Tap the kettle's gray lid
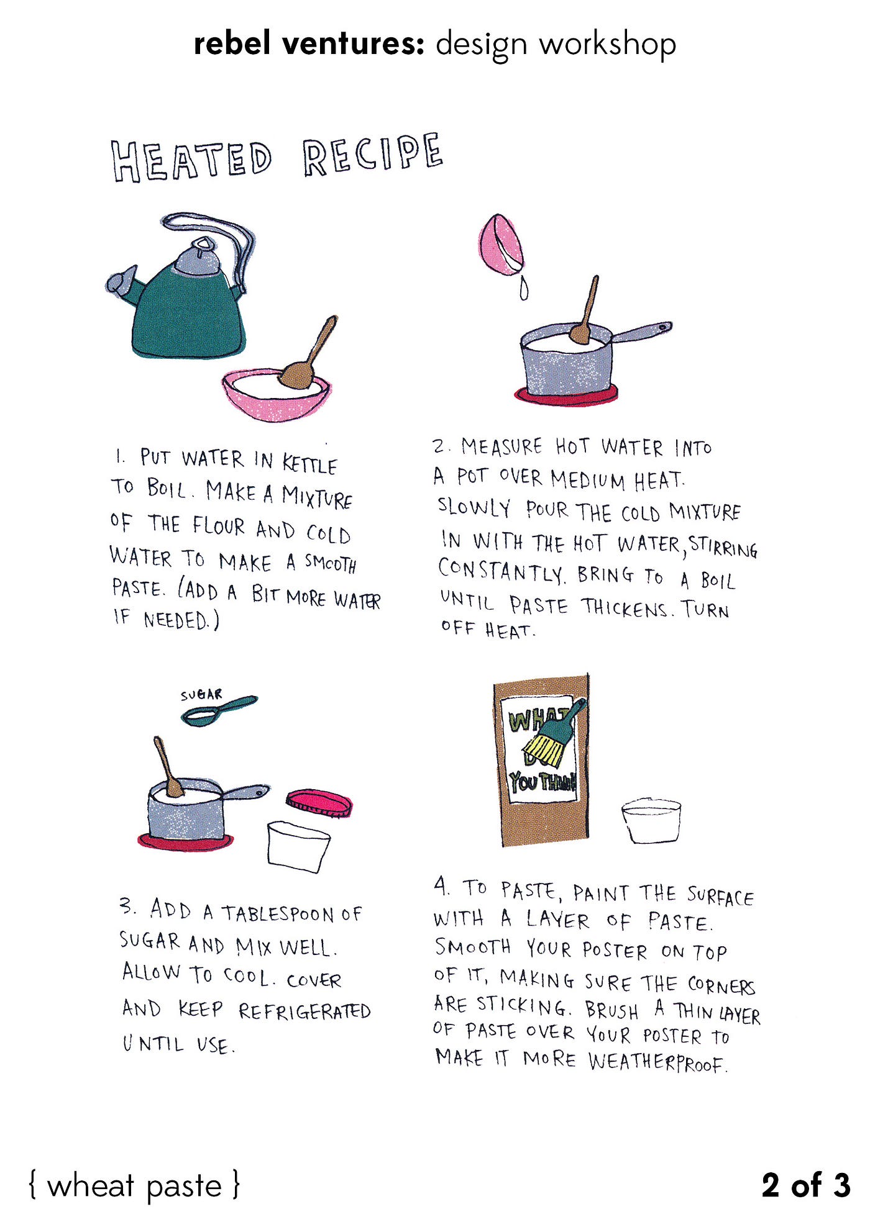pos(198,257)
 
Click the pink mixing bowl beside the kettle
pos(277,394)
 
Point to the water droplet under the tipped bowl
pos(524,288)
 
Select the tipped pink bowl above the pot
pos(501,245)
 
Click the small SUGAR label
pos(201,695)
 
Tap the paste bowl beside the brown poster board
pos(651,821)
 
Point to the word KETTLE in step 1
pos(309,464)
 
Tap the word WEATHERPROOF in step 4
pos(657,1062)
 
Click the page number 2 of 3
pos(806,1185)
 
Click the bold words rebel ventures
pos(309,44)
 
